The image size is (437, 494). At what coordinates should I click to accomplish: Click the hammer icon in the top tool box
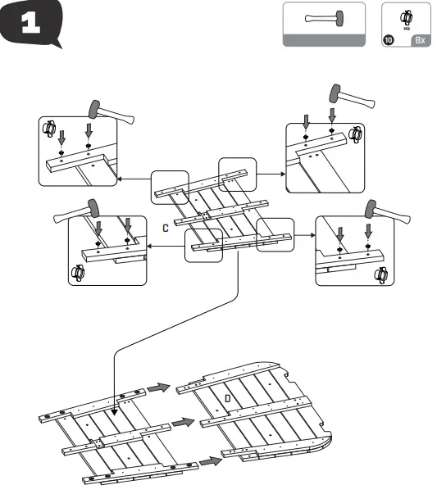pyautogui.click(x=312, y=19)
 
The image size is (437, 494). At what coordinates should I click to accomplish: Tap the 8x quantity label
pyautogui.click(x=420, y=39)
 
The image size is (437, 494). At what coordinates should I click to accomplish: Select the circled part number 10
pyautogui.click(x=389, y=39)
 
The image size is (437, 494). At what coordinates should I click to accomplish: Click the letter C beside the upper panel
pyautogui.click(x=165, y=227)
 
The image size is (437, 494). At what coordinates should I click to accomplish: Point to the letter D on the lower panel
pyautogui.click(x=228, y=397)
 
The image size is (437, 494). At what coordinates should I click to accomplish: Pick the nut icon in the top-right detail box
pyautogui.click(x=355, y=133)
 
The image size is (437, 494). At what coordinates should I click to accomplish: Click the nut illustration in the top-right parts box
pyautogui.click(x=406, y=16)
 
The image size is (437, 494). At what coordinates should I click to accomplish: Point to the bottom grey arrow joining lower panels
pyautogui.click(x=211, y=461)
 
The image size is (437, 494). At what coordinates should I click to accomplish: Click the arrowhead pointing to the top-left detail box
pyautogui.click(x=119, y=178)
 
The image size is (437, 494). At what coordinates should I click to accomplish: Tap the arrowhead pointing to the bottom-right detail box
pyautogui.click(x=312, y=235)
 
